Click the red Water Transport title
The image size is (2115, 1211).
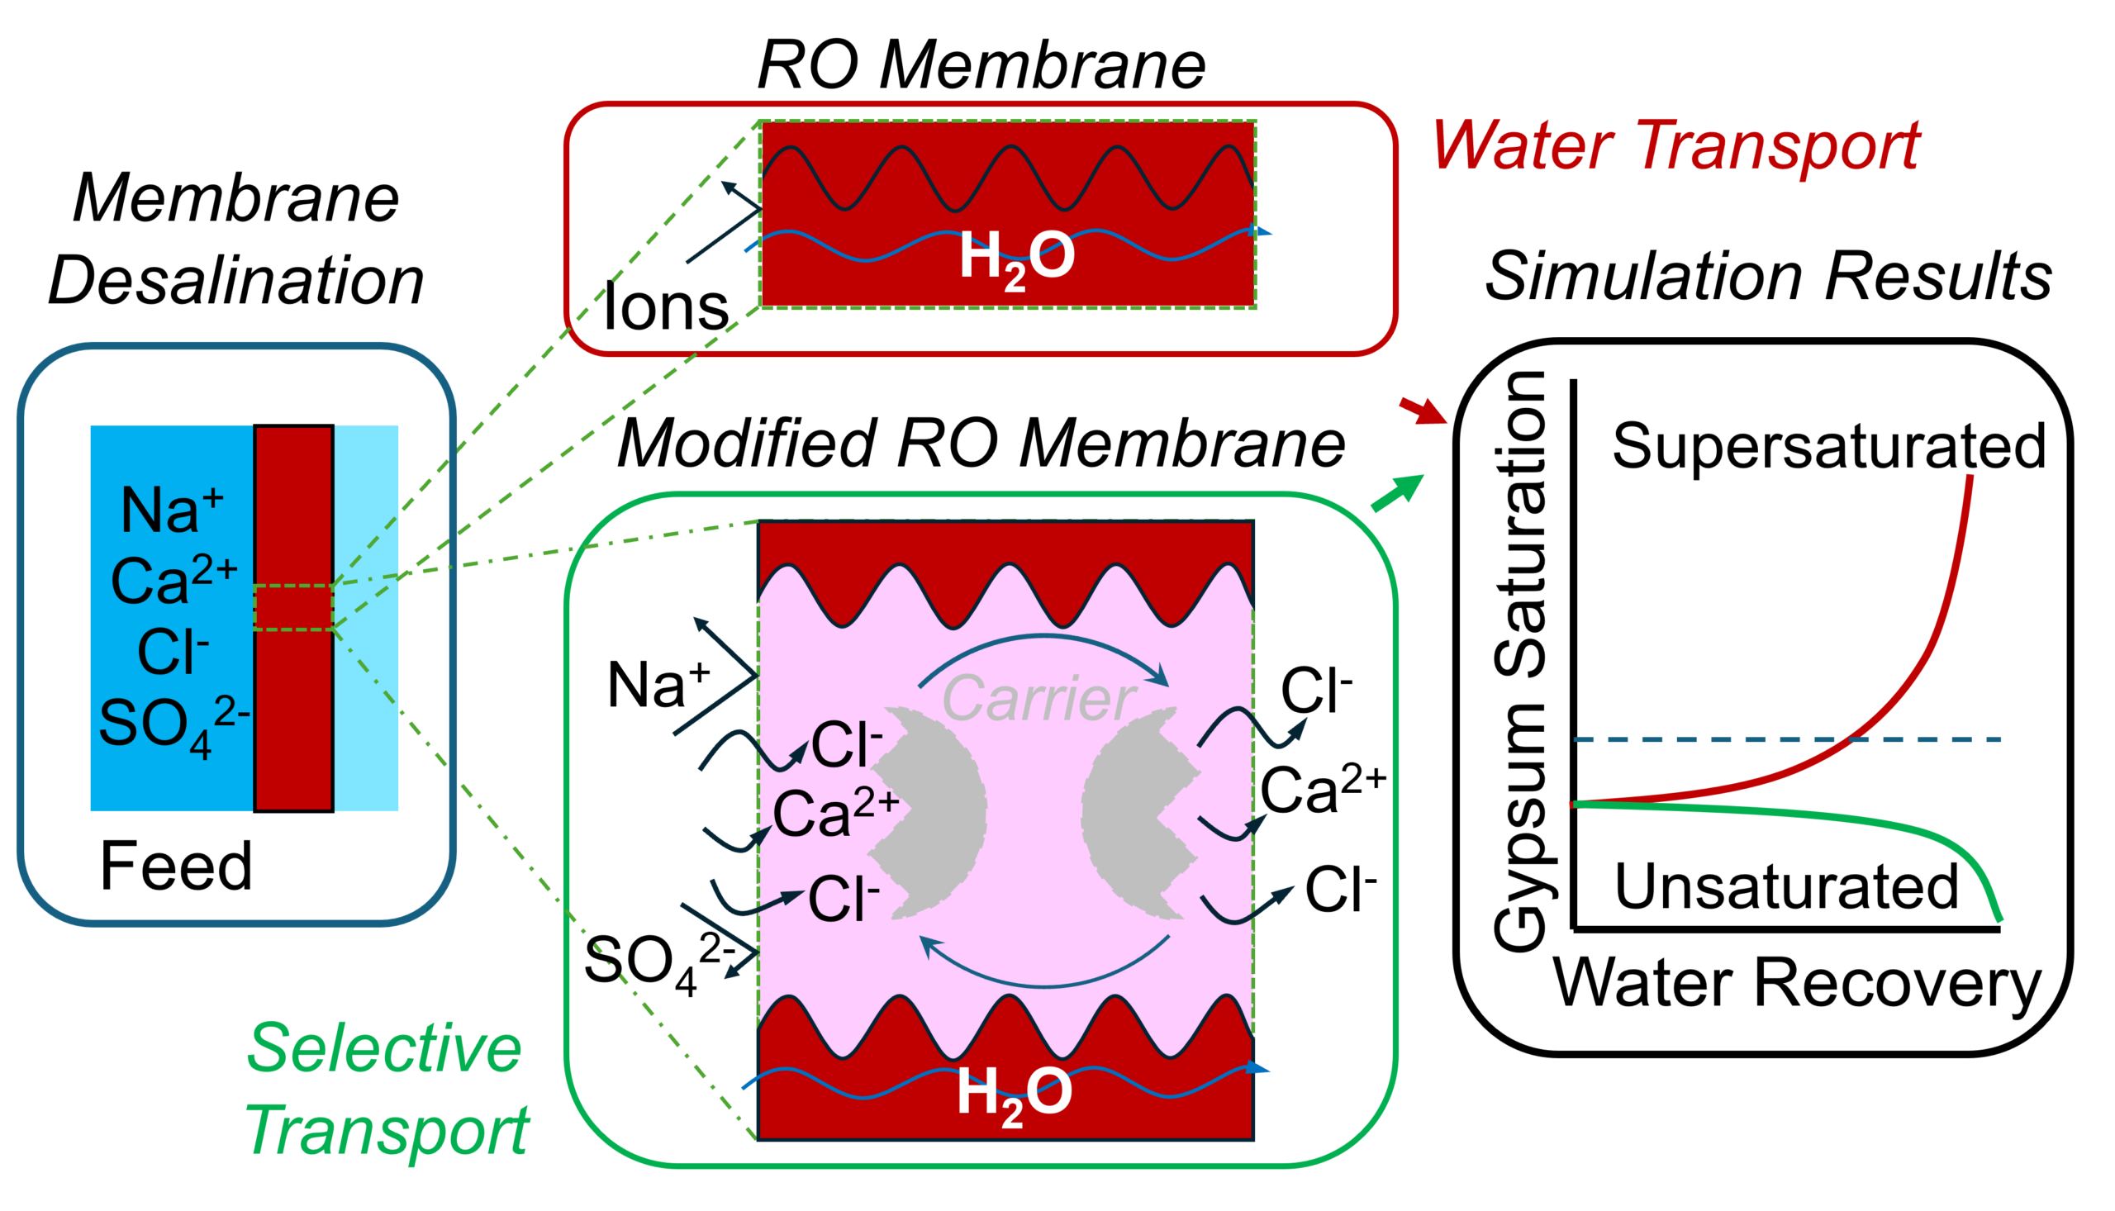(x=1675, y=146)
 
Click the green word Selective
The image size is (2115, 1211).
(x=384, y=1049)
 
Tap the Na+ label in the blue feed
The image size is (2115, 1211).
(x=171, y=510)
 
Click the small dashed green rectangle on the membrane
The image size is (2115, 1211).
(x=293, y=608)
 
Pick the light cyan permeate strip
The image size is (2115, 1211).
(x=367, y=618)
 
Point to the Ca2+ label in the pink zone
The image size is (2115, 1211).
(x=834, y=813)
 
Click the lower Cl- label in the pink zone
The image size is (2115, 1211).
(x=843, y=898)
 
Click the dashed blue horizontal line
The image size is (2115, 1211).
(x=1788, y=739)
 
